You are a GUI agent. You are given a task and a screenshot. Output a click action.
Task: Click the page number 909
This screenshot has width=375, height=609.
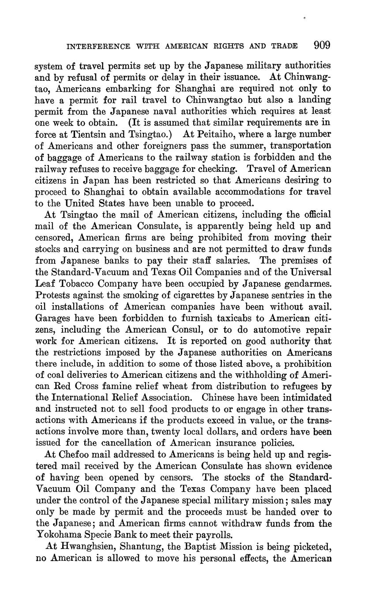pyautogui.click(x=322, y=45)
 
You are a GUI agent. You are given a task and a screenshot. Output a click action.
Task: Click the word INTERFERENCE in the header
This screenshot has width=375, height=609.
pyautogui.click(x=98, y=46)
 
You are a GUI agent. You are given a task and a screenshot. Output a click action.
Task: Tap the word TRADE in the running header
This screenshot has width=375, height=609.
pyautogui.click(x=285, y=46)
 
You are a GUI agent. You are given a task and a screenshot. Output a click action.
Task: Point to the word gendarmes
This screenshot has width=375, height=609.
pyautogui.click(x=304, y=284)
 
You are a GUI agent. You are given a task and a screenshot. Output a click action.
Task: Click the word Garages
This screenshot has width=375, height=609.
pyautogui.click(x=52, y=318)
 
